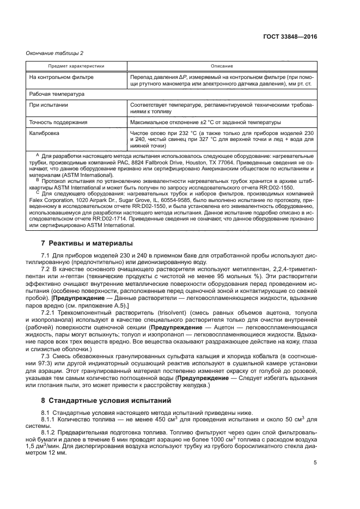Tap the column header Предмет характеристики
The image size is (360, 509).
76,66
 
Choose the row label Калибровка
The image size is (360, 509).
45,132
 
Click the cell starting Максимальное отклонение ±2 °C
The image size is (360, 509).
205,121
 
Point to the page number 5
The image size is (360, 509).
315,463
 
